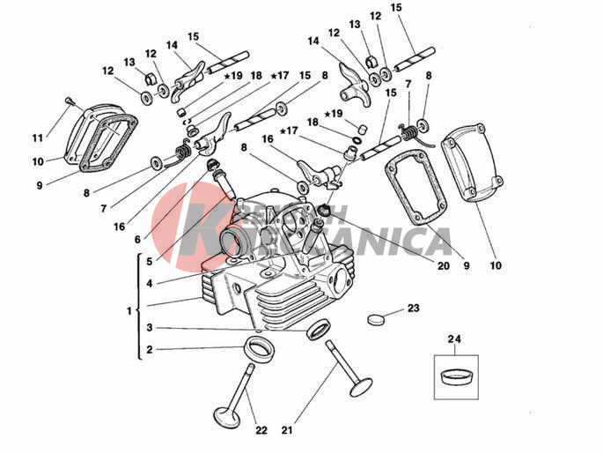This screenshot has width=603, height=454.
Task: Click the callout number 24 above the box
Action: coord(454,339)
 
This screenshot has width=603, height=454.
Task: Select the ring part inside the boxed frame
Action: coord(454,376)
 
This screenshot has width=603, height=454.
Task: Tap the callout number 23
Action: coord(413,309)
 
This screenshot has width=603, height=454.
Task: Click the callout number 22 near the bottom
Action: coord(261,430)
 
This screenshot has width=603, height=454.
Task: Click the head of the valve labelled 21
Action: coord(359,385)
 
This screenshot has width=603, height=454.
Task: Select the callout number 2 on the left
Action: coord(150,349)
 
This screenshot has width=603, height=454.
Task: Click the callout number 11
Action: coord(37,138)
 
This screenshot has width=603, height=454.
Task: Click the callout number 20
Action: coord(443,266)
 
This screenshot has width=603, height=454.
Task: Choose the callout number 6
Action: coord(137,240)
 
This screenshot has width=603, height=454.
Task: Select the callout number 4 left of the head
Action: coord(150,283)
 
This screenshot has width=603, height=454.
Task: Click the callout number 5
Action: coord(150,262)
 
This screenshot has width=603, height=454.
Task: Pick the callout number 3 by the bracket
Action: coord(150,327)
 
